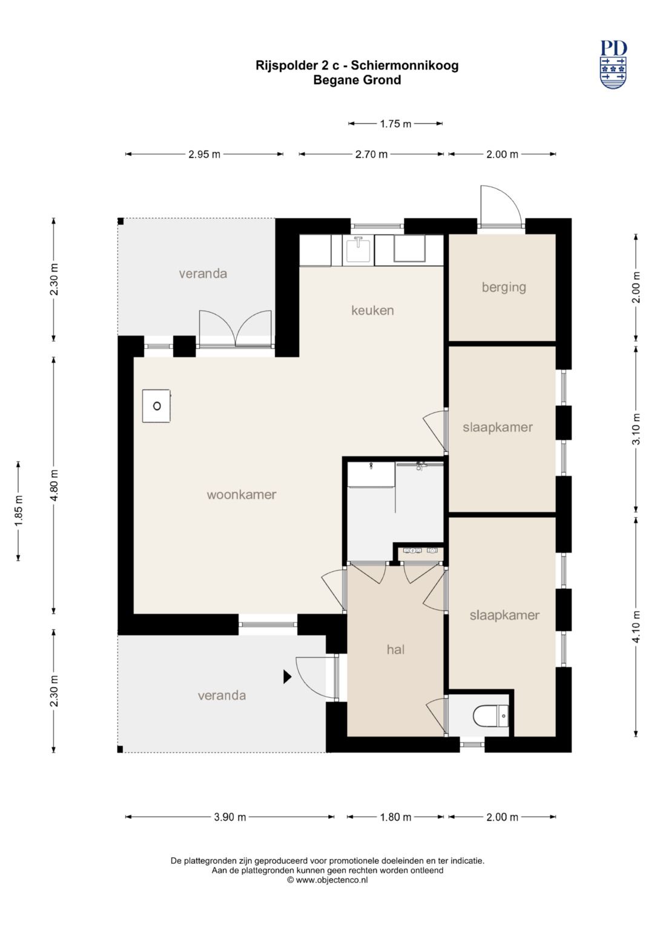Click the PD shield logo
[613, 64]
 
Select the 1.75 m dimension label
[395, 124]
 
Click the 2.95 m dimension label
[204, 154]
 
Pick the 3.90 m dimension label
[230, 817]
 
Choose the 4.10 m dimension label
[636, 627]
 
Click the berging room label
[504, 287]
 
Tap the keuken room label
[372, 310]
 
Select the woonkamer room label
[242, 494]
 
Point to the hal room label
[395, 649]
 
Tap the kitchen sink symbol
[358, 250]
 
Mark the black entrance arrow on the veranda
[288, 677]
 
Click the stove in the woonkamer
[156, 405]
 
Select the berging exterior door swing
[500, 205]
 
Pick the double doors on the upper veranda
[236, 329]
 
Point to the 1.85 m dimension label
[19, 511]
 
